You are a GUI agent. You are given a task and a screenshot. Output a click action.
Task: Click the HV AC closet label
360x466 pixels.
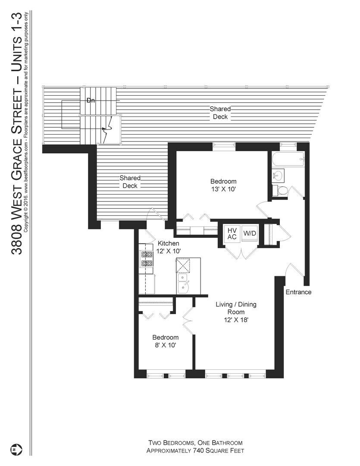(x=232, y=233)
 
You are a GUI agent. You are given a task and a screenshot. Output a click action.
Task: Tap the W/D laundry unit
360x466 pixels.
(x=249, y=233)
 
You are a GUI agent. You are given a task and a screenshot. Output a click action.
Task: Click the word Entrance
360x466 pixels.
(x=298, y=292)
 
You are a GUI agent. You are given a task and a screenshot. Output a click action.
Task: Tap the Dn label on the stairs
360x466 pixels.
(x=91, y=101)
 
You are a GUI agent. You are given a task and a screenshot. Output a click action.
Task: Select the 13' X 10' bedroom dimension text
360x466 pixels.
(x=223, y=189)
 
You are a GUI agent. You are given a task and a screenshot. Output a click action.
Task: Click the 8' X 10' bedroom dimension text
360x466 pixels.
(x=165, y=345)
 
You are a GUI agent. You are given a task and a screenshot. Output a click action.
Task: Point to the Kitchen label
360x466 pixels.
(x=168, y=243)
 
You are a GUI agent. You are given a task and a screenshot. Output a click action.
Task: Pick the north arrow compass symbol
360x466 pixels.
(x=18, y=449)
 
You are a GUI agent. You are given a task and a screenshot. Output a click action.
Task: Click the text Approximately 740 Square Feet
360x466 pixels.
(x=195, y=451)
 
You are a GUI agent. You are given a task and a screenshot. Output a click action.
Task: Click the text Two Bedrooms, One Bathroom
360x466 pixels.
(x=195, y=443)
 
